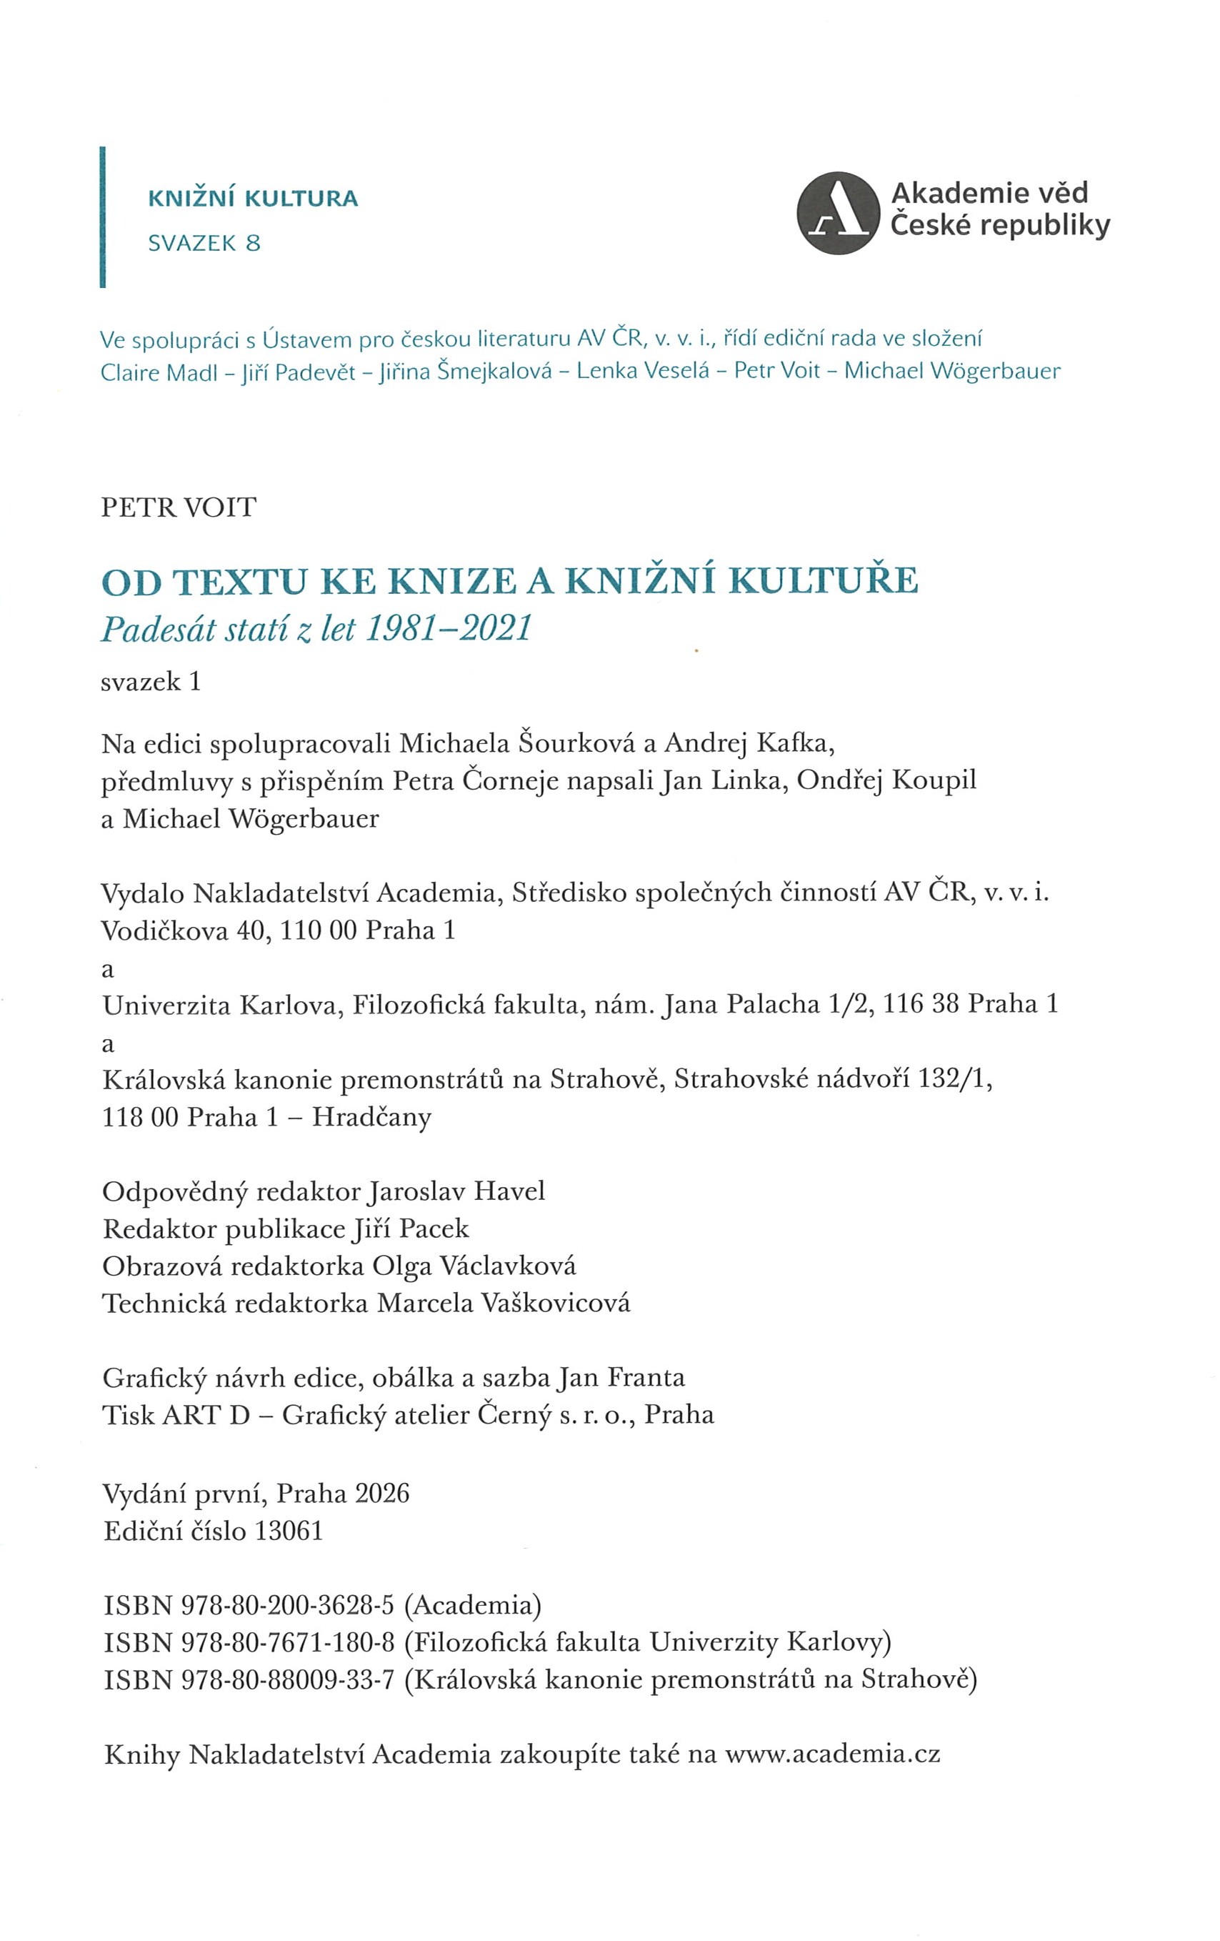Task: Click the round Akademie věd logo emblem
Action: [838, 213]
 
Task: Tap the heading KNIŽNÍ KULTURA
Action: [253, 198]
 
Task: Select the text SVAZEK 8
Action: [205, 243]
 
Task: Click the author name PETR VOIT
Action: [178, 507]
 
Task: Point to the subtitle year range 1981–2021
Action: [449, 629]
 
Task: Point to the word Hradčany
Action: [371, 1117]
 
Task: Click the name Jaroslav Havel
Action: [457, 1191]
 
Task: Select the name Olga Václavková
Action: [474, 1266]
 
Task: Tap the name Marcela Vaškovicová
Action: [504, 1303]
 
